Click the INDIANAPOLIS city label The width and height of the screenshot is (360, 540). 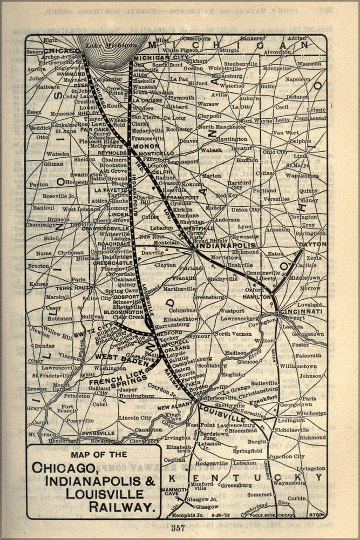(x=226, y=245)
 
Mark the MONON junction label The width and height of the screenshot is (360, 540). (x=145, y=146)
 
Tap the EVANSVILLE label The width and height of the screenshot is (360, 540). (x=98, y=433)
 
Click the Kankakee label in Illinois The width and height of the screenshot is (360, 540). (x=64, y=124)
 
